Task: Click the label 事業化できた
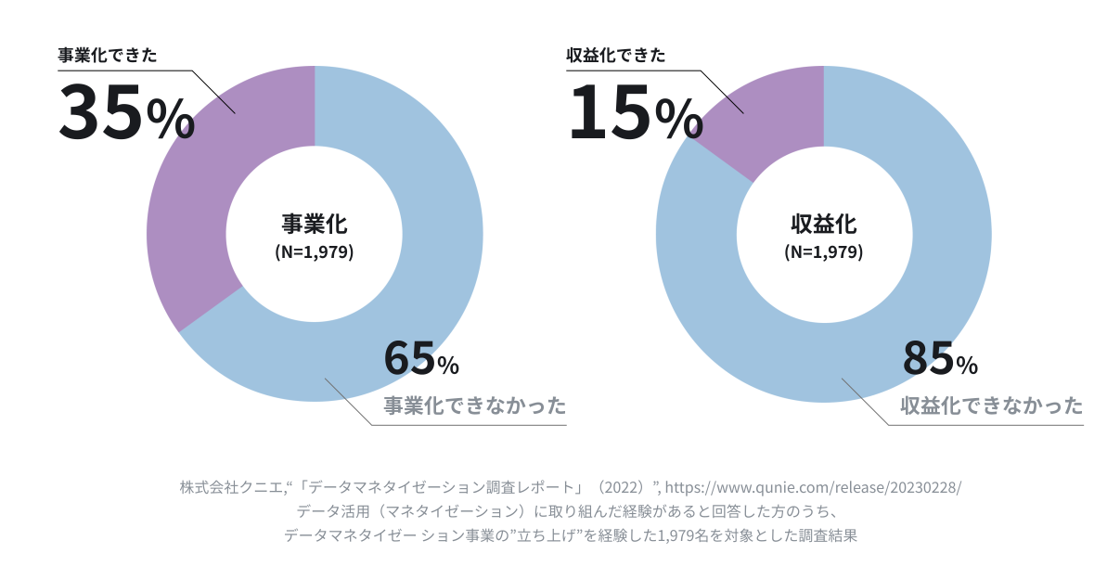coord(107,55)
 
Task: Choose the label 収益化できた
coord(615,55)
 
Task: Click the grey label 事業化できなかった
coord(475,406)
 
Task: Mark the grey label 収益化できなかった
coord(992,406)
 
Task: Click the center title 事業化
coord(315,225)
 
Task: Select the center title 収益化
coord(823,225)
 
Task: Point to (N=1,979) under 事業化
coord(315,251)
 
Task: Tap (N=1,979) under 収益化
coord(823,251)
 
